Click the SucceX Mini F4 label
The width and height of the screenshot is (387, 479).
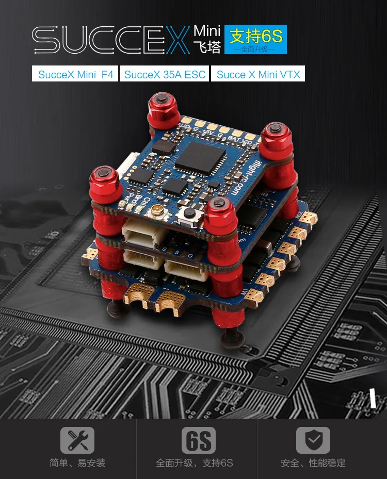pos(75,74)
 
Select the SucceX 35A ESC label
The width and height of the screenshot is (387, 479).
pos(165,74)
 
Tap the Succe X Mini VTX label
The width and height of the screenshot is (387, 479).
pos(257,74)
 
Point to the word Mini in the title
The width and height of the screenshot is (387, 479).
pos(207,30)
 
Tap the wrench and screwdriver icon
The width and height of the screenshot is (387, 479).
pos(77,440)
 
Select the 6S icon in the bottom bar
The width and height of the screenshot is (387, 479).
pos(199,440)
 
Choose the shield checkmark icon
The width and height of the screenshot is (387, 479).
pos(313,440)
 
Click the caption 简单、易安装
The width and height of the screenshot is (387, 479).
pos(77,463)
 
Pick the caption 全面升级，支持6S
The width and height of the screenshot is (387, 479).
pos(195,463)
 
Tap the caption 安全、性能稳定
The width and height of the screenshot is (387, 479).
pos(313,463)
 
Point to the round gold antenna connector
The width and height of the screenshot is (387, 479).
pos(153,211)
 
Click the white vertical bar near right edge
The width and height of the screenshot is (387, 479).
pos(373,399)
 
